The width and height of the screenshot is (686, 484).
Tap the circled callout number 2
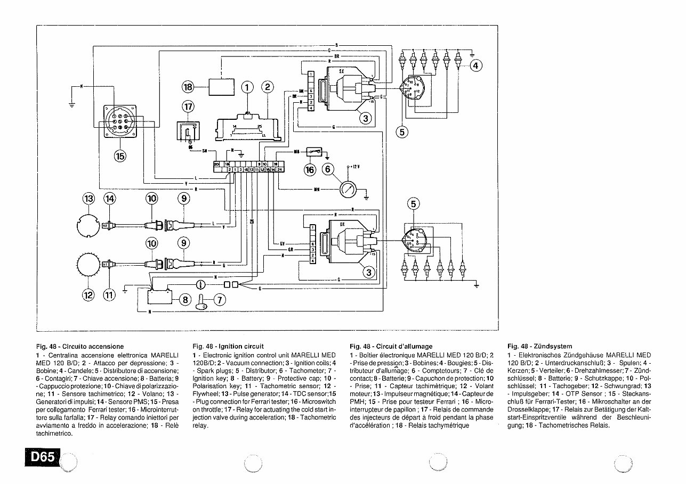(268, 87)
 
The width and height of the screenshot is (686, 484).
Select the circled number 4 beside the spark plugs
(475, 65)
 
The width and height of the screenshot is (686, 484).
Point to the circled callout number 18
(188, 87)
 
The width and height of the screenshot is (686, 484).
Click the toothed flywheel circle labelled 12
(89, 265)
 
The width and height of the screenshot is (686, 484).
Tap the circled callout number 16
(310, 170)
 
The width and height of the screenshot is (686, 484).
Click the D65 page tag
(42, 457)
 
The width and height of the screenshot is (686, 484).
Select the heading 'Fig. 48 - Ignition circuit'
(228, 346)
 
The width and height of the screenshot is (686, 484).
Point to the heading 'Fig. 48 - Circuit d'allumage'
(391, 346)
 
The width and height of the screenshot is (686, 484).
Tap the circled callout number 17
(188, 107)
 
